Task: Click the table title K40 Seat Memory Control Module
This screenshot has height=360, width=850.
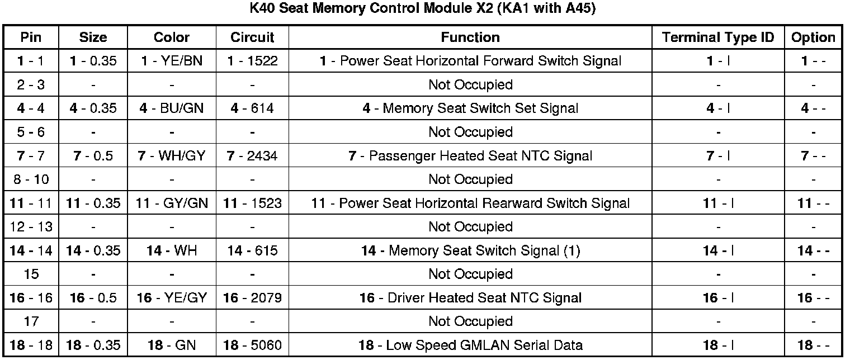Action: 424,10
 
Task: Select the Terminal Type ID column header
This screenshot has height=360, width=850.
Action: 718,37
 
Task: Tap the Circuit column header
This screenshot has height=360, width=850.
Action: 252,37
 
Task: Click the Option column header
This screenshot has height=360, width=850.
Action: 813,37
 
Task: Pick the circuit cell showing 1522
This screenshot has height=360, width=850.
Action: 252,61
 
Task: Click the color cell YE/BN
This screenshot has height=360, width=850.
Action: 172,61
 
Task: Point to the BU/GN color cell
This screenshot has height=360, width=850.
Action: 172,108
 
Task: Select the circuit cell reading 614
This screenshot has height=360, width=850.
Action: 252,108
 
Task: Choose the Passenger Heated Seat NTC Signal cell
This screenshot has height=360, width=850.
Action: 470,156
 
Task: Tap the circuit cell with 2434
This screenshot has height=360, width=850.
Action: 252,156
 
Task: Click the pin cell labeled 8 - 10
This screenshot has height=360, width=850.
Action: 31,179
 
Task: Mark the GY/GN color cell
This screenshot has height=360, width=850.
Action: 172,203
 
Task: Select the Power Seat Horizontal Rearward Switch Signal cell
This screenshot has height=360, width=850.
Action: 470,203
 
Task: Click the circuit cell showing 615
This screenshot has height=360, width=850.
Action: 252,251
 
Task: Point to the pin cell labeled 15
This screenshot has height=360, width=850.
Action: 31,274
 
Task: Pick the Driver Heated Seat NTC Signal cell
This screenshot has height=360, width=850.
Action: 470,299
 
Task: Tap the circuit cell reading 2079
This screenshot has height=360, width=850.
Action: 252,299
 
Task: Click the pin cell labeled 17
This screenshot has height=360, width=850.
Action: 31,322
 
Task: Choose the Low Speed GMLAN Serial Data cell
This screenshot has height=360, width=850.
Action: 470,345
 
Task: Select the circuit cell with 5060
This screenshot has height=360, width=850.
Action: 252,345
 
